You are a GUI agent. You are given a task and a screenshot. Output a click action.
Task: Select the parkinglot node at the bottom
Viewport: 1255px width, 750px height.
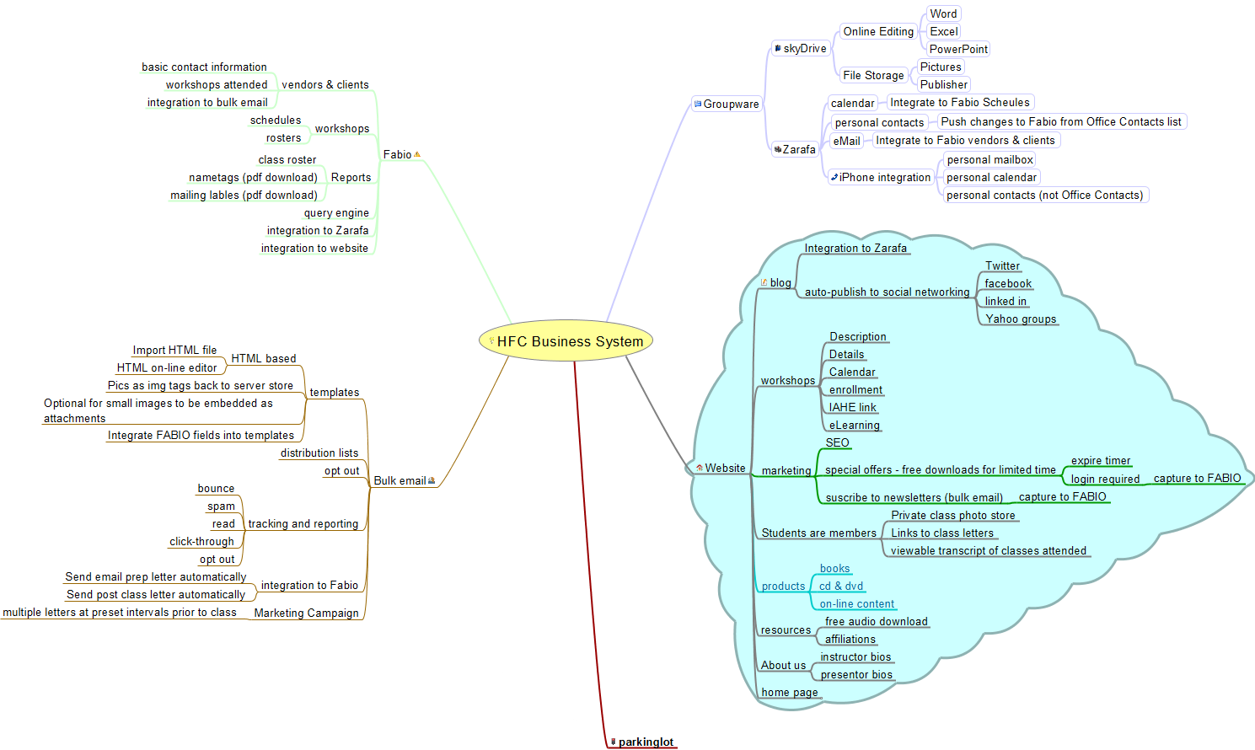pos(645,742)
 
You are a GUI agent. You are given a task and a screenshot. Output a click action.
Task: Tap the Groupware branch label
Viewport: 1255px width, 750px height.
pos(730,104)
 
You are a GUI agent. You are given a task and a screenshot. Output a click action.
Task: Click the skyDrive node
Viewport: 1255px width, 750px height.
pos(804,49)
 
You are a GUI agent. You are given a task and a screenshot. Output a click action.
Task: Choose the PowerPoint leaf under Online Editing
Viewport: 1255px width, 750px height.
pos(958,49)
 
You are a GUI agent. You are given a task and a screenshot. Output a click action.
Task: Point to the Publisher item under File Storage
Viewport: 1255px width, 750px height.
pos(943,84)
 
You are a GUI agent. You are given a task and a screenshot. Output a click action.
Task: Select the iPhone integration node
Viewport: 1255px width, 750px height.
pos(884,177)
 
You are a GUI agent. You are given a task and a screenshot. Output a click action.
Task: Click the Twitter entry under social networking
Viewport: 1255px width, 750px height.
pos(1002,266)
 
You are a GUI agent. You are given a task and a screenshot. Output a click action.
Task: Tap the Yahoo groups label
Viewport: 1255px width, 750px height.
pos(1020,319)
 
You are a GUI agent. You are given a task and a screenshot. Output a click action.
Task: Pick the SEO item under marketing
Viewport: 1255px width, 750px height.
pos(837,442)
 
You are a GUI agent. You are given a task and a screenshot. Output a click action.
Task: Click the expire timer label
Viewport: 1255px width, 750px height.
pos(1100,461)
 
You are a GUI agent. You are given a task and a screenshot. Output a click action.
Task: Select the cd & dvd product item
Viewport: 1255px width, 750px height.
pos(840,587)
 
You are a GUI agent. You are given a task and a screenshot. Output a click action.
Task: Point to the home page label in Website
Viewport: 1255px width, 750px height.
pos(789,693)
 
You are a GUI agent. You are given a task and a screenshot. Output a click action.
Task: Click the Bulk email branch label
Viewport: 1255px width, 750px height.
pos(400,481)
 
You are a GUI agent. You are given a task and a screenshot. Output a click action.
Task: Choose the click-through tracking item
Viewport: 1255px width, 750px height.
pos(201,542)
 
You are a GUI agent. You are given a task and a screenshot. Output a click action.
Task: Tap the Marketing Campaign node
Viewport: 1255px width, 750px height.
pos(306,613)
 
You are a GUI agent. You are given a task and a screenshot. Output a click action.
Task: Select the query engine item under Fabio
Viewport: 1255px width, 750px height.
pos(336,213)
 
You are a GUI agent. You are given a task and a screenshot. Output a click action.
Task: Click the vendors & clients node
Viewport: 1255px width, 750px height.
pos(324,85)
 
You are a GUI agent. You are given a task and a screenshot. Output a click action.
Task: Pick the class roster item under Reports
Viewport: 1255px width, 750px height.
pos(287,160)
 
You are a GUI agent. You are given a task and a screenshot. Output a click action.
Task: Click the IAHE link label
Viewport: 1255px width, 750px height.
pos(852,408)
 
